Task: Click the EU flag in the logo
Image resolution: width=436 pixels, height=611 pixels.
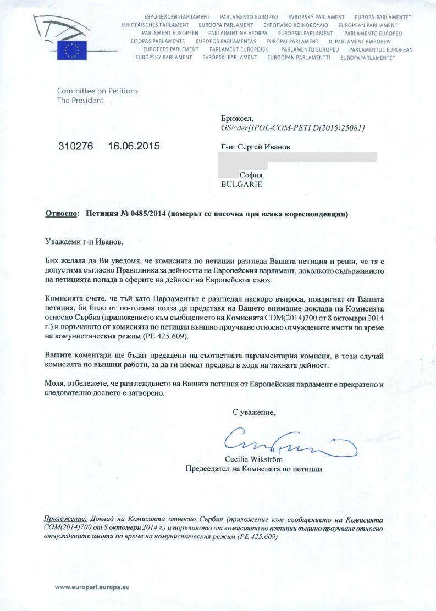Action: click(x=71, y=49)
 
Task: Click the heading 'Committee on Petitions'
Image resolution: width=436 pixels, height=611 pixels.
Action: click(x=97, y=91)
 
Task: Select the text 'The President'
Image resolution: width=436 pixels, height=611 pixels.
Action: click(x=80, y=101)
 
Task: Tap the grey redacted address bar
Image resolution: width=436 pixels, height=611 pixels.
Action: click(x=297, y=157)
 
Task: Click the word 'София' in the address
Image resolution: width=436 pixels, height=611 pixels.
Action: click(x=251, y=175)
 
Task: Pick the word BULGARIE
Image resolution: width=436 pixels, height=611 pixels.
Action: click(x=241, y=184)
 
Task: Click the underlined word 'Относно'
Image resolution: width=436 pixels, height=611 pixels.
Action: click(x=62, y=213)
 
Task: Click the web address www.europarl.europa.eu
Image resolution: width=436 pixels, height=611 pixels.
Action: click(x=92, y=587)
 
